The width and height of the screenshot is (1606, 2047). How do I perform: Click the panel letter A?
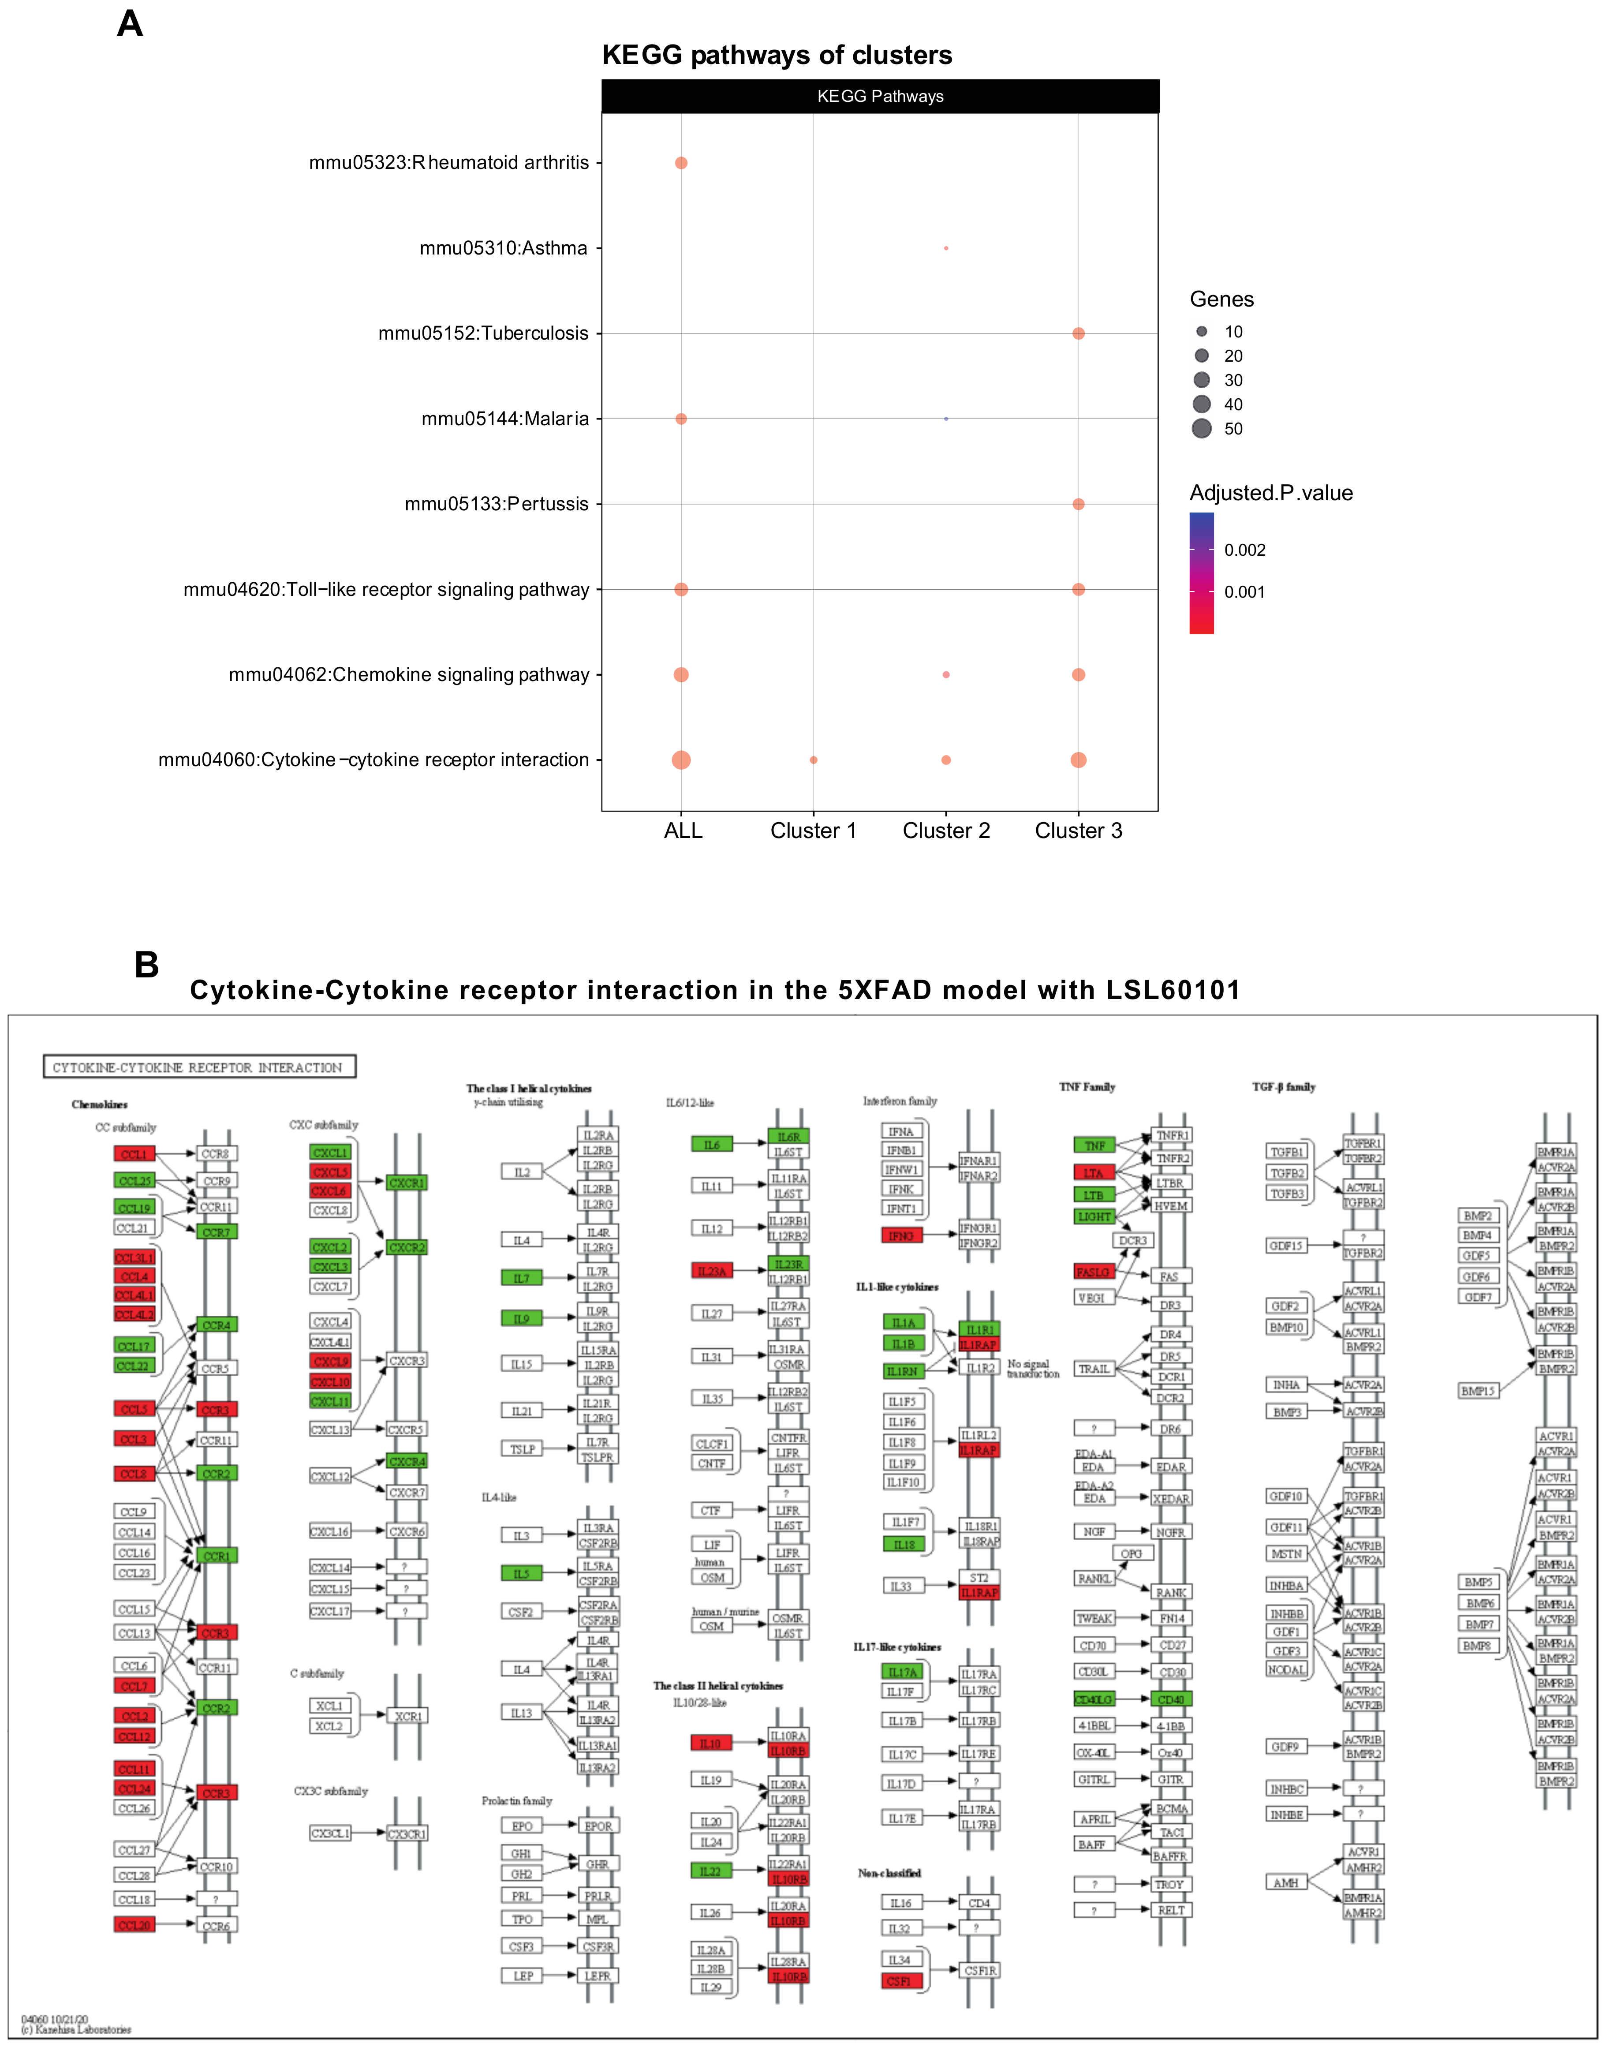[x=130, y=23]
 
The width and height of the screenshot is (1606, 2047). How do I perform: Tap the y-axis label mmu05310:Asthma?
[x=503, y=248]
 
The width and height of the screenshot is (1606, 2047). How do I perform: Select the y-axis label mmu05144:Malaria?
[x=505, y=419]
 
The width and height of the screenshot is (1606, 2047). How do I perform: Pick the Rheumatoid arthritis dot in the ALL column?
[x=681, y=163]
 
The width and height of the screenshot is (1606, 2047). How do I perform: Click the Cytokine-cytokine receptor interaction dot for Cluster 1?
[x=813, y=760]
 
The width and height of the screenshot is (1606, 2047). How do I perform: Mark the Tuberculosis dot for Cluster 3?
[x=1079, y=334]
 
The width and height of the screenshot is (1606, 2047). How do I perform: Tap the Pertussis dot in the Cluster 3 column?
[x=1079, y=504]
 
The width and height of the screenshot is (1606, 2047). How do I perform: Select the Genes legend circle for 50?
[x=1202, y=429]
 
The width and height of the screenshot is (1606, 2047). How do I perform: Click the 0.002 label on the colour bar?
[x=1244, y=550]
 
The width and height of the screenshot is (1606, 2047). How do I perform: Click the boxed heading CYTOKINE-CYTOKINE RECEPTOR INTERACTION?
[x=199, y=1067]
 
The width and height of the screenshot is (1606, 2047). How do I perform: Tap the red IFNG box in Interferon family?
[x=901, y=1235]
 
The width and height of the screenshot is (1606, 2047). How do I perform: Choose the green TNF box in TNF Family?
[x=1094, y=1145]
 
